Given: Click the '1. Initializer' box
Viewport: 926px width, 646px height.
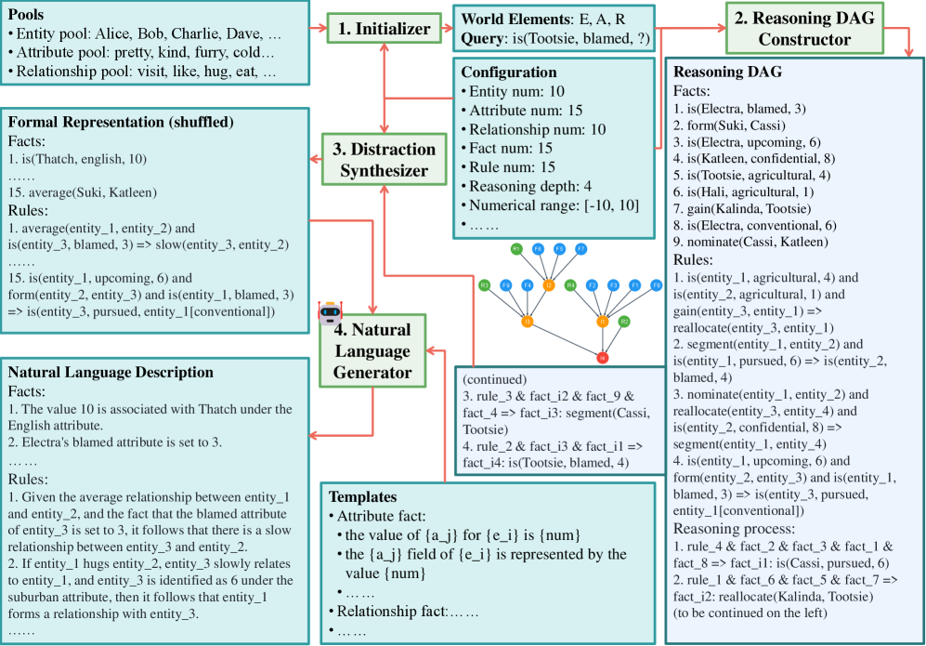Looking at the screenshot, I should tap(385, 29).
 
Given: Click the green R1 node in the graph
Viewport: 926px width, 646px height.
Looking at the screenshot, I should tap(516, 249).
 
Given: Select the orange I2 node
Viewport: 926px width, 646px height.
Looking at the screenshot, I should tap(550, 285).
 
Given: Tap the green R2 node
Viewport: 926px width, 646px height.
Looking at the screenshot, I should tap(624, 322).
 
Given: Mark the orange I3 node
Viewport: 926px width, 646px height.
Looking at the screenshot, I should tap(527, 322).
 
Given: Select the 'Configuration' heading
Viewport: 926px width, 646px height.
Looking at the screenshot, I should tap(509, 72).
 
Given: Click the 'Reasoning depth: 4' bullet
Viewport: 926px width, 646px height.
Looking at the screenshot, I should tap(528, 188).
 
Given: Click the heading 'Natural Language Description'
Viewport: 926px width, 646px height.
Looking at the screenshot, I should tap(111, 372).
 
